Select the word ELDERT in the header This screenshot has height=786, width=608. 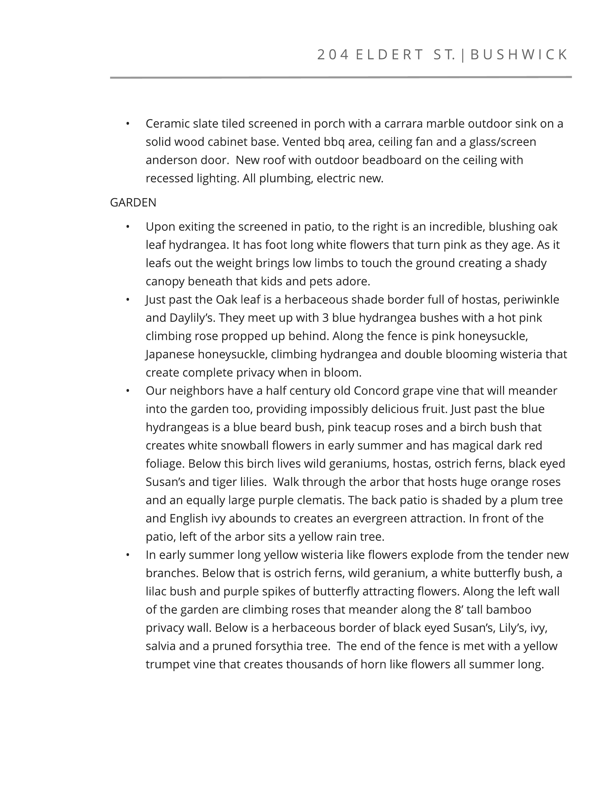point(389,55)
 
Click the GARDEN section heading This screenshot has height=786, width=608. point(133,203)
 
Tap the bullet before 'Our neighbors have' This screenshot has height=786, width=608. point(128,391)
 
